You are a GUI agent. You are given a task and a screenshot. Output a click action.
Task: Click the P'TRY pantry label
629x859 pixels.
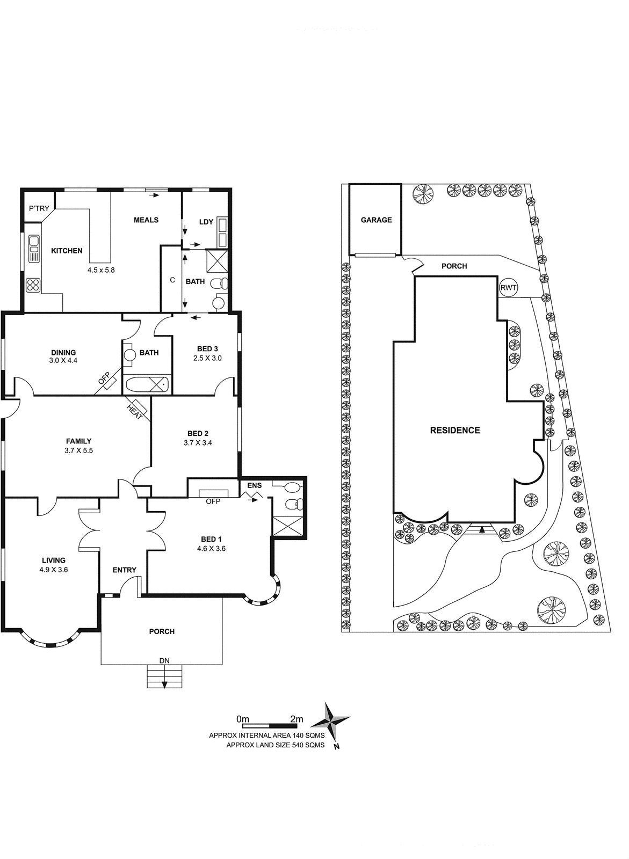pyautogui.click(x=39, y=209)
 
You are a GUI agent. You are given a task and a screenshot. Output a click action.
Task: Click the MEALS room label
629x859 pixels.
pyautogui.click(x=146, y=220)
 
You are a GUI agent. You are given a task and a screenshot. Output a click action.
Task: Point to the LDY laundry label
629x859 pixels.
pyautogui.click(x=206, y=222)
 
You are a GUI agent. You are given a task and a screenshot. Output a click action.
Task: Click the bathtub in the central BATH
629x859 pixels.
pyautogui.click(x=147, y=384)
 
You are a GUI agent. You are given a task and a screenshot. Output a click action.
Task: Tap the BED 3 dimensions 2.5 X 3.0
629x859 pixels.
pyautogui.click(x=208, y=358)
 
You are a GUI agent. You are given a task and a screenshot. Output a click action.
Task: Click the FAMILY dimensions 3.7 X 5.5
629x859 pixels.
pyautogui.click(x=78, y=450)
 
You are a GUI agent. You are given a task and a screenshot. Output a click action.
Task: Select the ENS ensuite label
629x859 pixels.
pyautogui.click(x=254, y=485)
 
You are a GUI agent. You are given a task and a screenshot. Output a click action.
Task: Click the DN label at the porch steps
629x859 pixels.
pyautogui.click(x=164, y=661)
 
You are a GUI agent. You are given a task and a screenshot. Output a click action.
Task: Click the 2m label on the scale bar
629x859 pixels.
pyautogui.click(x=297, y=719)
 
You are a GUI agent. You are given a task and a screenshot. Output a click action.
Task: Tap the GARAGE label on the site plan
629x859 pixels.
pyautogui.click(x=376, y=220)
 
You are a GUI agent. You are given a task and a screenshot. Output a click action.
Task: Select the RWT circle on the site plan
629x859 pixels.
pyautogui.click(x=509, y=288)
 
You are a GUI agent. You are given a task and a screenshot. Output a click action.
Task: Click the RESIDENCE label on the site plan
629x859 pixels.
pyautogui.click(x=455, y=430)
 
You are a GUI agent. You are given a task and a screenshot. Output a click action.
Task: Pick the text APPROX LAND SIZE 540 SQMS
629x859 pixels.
pyautogui.click(x=276, y=745)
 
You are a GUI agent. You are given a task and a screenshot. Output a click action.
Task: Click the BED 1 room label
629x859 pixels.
pyautogui.click(x=211, y=539)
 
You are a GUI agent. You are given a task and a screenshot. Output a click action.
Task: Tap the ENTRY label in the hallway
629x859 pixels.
pyautogui.click(x=124, y=570)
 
